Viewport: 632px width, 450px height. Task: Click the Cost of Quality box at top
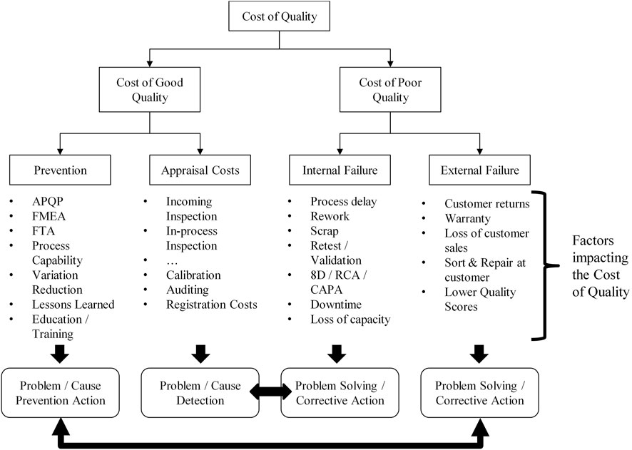pos(269,17)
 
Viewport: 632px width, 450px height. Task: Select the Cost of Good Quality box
pos(150,89)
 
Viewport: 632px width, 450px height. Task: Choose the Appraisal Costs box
pos(200,170)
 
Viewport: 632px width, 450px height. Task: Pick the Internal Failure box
pos(340,170)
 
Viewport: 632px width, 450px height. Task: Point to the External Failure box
pos(479,170)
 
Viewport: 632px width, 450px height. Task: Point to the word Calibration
pos(193,275)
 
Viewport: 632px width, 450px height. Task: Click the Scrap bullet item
pos(325,231)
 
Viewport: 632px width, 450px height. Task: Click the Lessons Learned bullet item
pos(71,305)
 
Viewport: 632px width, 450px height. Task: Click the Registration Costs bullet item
pos(211,305)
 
